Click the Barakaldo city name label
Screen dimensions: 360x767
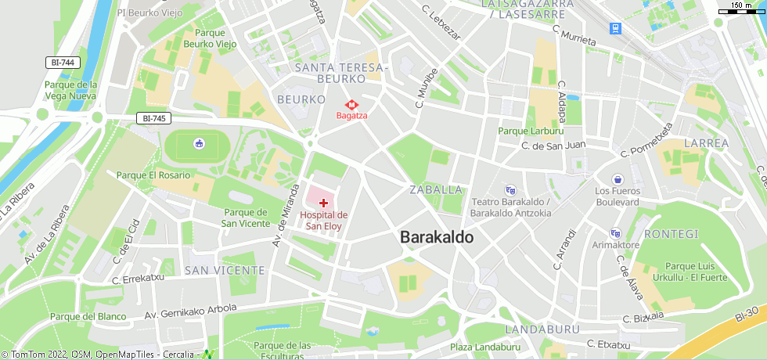click(x=437, y=237)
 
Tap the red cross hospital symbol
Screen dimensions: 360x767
click(x=323, y=203)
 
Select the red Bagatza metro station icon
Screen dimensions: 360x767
click(x=351, y=103)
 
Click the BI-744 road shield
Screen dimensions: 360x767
click(x=63, y=62)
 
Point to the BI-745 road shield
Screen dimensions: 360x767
click(x=153, y=118)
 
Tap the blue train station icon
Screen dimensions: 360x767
click(x=617, y=28)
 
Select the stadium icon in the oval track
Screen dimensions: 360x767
click(x=199, y=143)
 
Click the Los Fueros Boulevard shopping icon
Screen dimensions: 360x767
click(x=618, y=179)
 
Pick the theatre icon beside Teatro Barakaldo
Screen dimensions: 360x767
click(x=510, y=190)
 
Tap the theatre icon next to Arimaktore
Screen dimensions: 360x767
click(x=615, y=232)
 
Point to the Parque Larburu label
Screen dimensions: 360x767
click(x=531, y=131)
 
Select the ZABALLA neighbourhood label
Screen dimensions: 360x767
click(x=436, y=190)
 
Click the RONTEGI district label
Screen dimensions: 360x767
click(x=671, y=234)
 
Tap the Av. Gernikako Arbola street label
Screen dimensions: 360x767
click(x=190, y=311)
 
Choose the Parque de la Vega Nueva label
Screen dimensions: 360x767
click(x=70, y=90)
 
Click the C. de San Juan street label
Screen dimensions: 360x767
click(x=553, y=145)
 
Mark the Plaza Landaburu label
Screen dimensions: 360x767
click(x=485, y=347)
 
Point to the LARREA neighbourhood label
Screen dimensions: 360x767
click(x=706, y=143)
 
